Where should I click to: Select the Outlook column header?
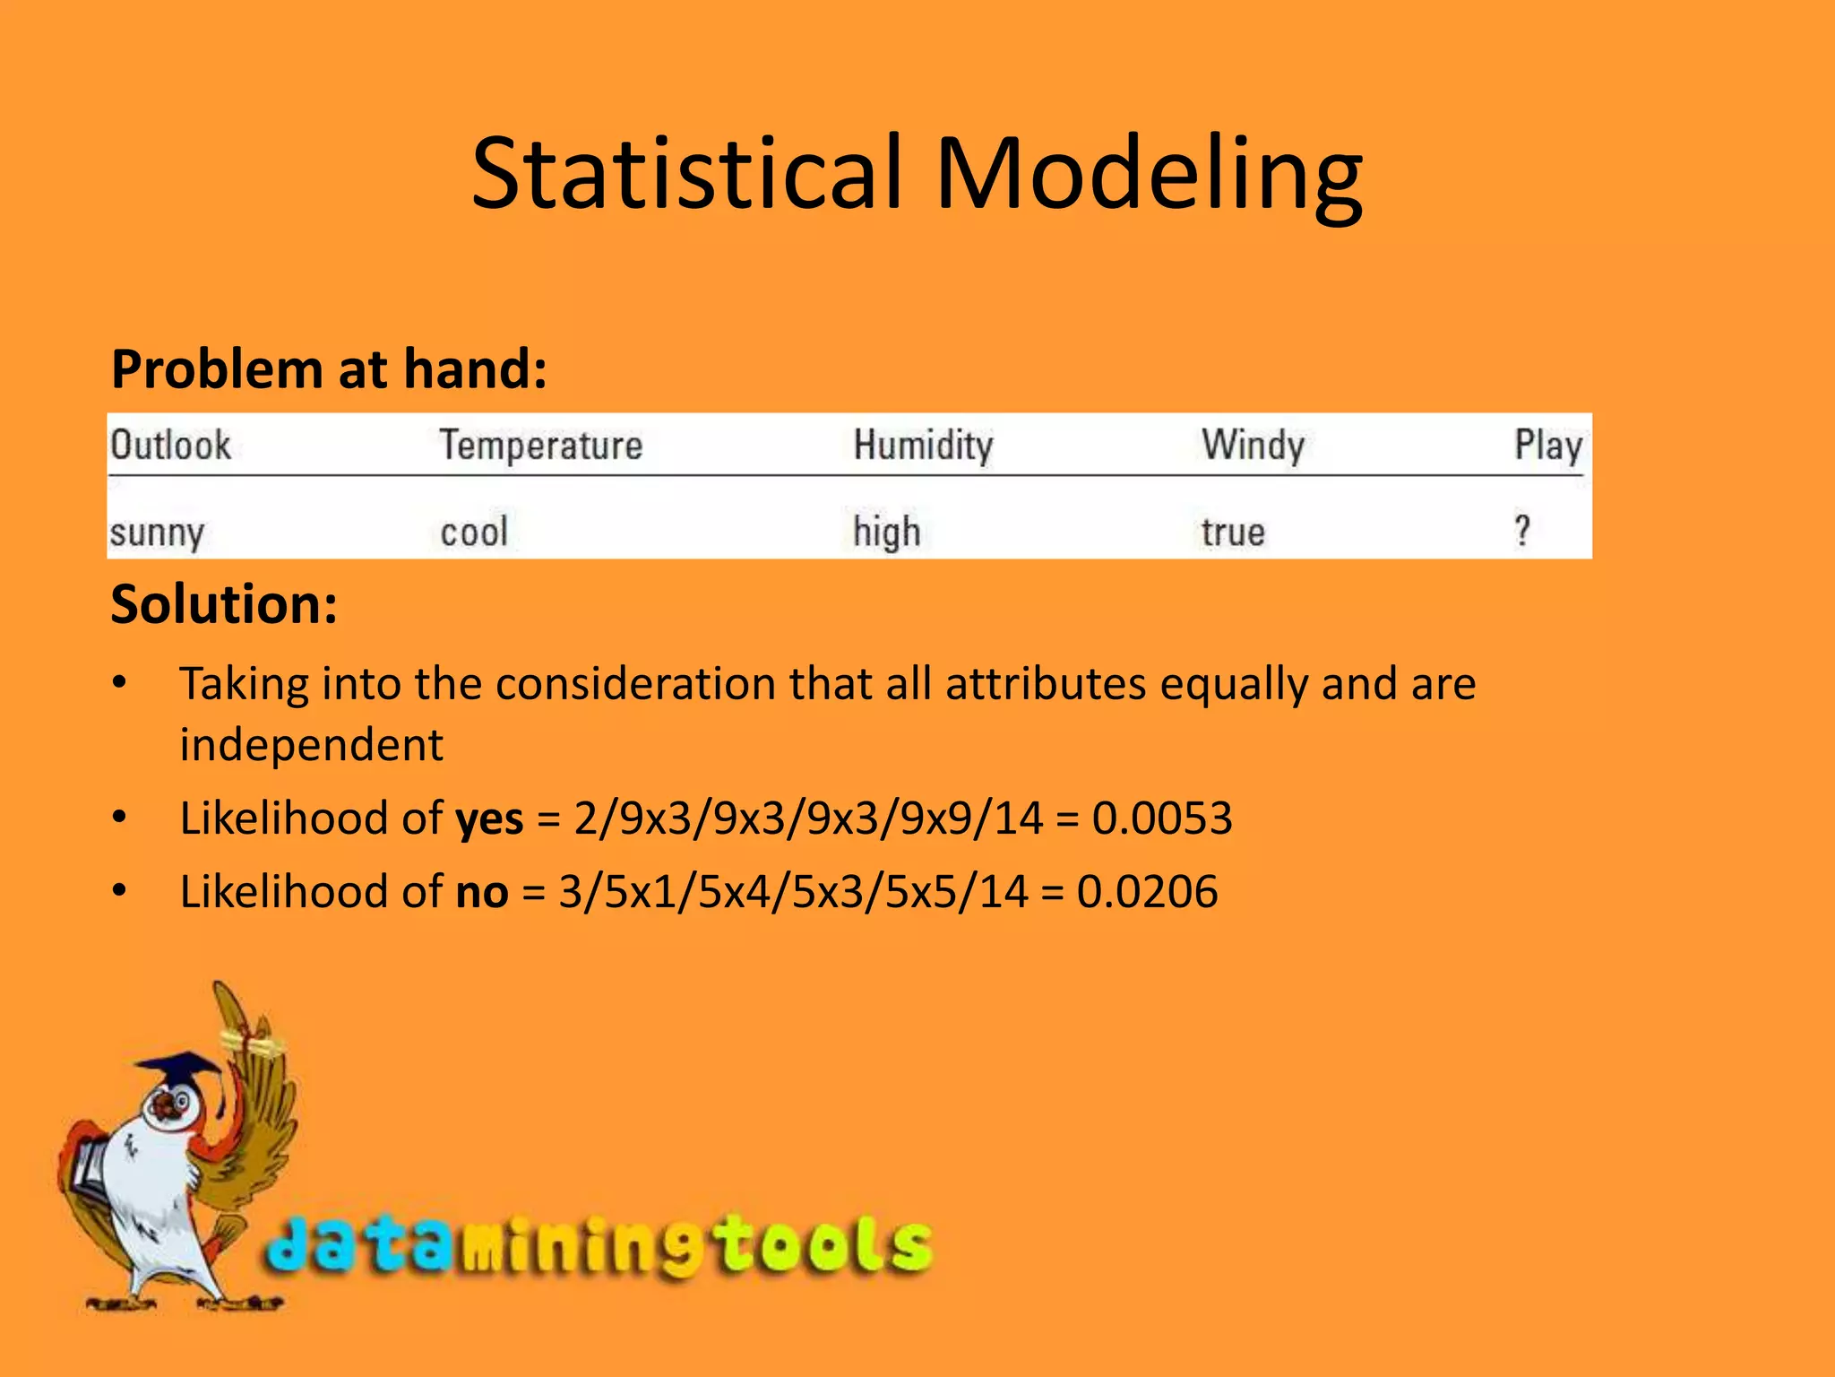pos(170,445)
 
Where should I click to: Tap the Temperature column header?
pos(541,446)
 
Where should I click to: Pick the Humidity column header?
pos(923,446)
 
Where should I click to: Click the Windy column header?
pos(1253,446)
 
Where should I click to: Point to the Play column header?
pos(1547,446)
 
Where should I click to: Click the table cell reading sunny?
pos(158,533)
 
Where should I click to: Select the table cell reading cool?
pos(474,532)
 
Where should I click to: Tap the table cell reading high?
pos(886,533)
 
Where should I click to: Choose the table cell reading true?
pos(1233,533)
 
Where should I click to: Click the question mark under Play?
pos(1522,530)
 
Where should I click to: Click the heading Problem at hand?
pos(329,368)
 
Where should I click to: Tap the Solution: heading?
pos(224,603)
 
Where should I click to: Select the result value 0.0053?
pos(1162,818)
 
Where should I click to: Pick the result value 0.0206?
pos(1147,891)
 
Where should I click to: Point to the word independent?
pos(311,744)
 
